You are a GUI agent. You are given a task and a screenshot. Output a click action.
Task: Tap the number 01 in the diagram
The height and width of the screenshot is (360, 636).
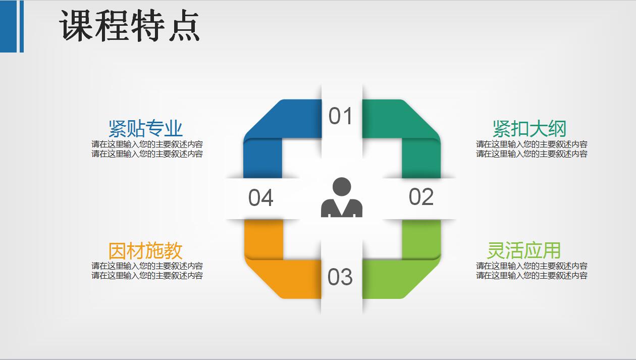tap(341, 117)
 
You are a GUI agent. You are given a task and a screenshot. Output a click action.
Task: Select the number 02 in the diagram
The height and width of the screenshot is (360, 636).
tap(421, 197)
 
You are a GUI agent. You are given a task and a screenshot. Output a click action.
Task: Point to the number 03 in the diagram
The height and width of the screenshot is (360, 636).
tap(340, 277)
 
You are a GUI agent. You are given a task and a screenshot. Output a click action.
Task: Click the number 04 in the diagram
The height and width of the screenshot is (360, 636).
tap(260, 198)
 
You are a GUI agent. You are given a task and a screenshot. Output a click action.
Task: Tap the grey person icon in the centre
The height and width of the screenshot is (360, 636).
tap(342, 197)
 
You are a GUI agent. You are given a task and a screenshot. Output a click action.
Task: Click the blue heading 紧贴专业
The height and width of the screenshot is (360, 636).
tap(145, 129)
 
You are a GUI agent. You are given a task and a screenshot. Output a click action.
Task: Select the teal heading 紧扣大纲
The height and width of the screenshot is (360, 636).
tap(529, 129)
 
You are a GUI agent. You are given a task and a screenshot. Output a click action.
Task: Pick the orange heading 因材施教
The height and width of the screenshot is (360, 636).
tap(145, 251)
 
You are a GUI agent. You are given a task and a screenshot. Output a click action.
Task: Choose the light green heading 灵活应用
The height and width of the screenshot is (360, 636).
tap(523, 251)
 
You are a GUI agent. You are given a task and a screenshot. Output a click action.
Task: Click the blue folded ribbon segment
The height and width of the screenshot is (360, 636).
tap(273, 136)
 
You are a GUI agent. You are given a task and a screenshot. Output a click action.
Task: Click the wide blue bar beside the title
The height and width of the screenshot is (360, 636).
tap(9, 26)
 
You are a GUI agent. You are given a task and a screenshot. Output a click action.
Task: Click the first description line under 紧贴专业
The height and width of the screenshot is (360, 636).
tap(147, 144)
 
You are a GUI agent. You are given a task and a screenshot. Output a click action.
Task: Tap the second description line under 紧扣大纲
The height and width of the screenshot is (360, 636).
tap(532, 154)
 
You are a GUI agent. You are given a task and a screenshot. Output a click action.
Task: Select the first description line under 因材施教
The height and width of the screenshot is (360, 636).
tap(147, 266)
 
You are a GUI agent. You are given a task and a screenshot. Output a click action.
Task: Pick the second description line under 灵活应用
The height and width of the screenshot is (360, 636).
tap(532, 276)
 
